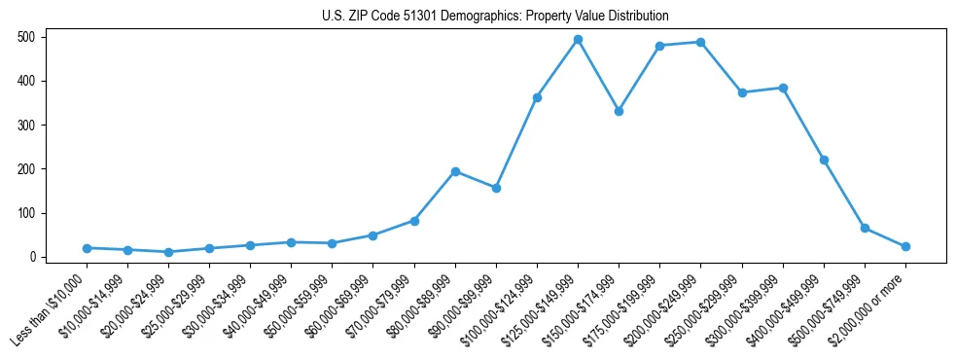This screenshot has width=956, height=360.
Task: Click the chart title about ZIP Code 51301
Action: [495, 17]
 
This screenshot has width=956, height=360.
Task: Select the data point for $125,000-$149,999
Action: [578, 40]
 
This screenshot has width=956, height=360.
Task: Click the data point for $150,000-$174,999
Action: [619, 111]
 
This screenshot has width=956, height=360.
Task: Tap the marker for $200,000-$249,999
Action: [700, 42]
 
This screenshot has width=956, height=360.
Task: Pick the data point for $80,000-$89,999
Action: [455, 171]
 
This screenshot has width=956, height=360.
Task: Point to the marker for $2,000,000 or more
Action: [905, 246]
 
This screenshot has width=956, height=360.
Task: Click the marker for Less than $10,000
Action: [87, 248]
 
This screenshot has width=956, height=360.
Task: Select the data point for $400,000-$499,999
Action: [824, 160]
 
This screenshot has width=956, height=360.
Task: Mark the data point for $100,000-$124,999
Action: [537, 97]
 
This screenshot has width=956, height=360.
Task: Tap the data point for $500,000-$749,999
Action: [865, 228]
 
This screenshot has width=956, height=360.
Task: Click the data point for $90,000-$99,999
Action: [496, 188]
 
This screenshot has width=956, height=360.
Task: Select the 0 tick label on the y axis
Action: [33, 257]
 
